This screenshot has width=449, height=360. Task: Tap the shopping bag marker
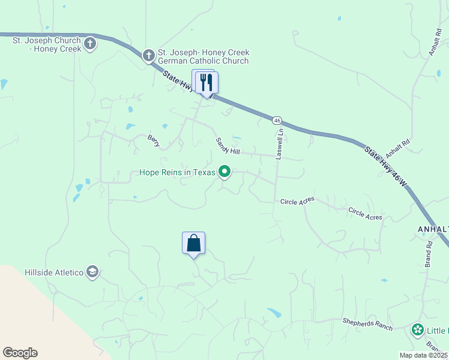pos(193,244)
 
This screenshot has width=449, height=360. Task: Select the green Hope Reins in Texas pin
pos(224,172)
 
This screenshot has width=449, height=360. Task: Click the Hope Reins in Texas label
pos(177,172)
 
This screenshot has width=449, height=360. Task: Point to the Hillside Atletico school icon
pos(92,272)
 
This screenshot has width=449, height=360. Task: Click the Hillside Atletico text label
pos(53,272)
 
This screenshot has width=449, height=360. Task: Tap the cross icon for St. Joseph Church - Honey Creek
pos(90,43)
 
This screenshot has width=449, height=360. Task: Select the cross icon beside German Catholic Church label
pos(148,56)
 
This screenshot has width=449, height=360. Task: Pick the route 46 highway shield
pos(277,121)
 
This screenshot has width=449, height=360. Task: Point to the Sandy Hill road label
pos(228,146)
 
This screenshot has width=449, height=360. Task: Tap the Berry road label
pos(154,140)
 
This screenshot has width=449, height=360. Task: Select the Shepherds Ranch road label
pos(367,325)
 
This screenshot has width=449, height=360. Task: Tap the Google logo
pos(20,353)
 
